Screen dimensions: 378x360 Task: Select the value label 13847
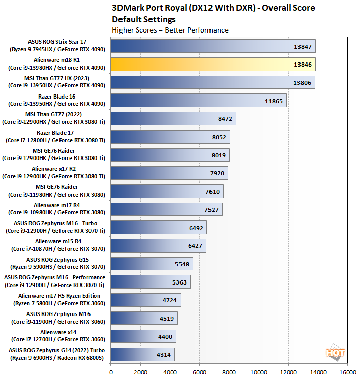click(x=303, y=46)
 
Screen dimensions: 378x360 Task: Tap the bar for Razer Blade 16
click(x=198, y=101)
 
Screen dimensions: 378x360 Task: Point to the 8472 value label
click(x=224, y=119)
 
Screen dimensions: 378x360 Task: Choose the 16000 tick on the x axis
click(x=348, y=371)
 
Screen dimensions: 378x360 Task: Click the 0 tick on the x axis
click(x=111, y=371)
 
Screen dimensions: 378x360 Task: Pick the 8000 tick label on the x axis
click(x=229, y=371)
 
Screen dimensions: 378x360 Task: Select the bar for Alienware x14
click(x=143, y=336)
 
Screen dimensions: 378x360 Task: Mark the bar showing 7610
click(x=167, y=191)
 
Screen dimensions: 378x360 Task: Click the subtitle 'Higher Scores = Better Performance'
click(x=170, y=30)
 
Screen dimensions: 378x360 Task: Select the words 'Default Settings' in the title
click(x=143, y=20)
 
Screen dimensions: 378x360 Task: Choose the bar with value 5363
click(x=151, y=282)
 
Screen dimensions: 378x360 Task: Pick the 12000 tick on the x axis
click(x=289, y=371)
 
